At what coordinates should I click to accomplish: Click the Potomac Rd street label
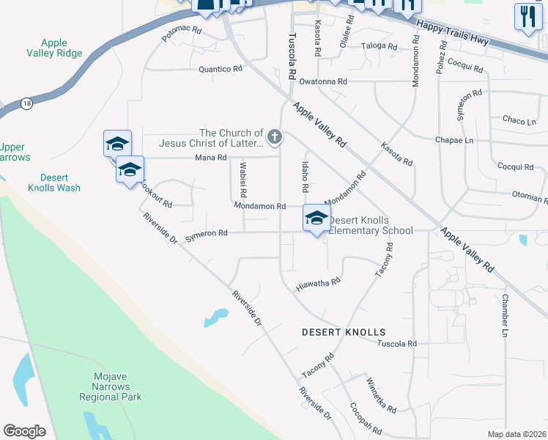point(181,33)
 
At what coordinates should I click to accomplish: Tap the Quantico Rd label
point(221,69)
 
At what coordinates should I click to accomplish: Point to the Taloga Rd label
point(379,47)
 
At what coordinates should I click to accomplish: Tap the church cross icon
point(274,136)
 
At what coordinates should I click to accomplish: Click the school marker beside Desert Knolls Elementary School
point(316,219)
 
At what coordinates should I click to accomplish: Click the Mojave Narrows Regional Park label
point(111,386)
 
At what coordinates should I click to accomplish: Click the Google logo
point(25,431)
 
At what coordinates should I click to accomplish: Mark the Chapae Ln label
point(455,140)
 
